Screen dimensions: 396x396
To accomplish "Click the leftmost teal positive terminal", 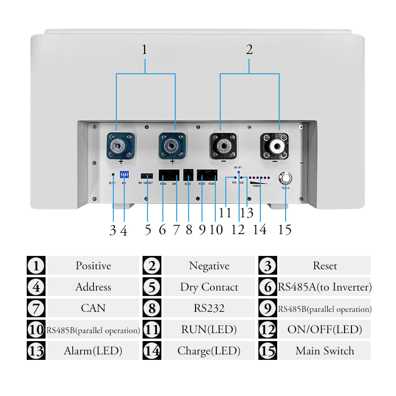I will pos(120,145).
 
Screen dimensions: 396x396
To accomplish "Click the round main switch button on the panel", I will pos(286,178).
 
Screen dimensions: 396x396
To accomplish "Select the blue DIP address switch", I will pos(124,175).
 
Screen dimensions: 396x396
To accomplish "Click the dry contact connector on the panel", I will pos(147,176).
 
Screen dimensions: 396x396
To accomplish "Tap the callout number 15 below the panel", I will pos(285,230).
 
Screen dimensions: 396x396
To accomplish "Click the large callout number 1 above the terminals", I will pos(145,50).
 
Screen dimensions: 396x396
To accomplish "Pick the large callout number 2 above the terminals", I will pos(249,50).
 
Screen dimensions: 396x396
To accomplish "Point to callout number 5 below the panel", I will pos(148,231).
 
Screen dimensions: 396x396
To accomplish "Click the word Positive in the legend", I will pos(93,266).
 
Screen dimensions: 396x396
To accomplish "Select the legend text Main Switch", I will pos(325,351).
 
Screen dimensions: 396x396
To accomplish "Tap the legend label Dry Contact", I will pos(209,287).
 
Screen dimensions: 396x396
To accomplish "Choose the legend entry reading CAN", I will pos(93,308).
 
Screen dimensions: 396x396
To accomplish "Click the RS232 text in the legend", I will pos(209,308).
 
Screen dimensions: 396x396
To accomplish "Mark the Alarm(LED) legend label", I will pos(93,351).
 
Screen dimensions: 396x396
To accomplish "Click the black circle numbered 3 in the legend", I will pos(268,266).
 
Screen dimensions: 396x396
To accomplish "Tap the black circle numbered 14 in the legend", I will pos(152,351).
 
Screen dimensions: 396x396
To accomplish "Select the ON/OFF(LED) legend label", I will pos(325,330).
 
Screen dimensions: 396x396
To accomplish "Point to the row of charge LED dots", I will pos(259,177).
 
